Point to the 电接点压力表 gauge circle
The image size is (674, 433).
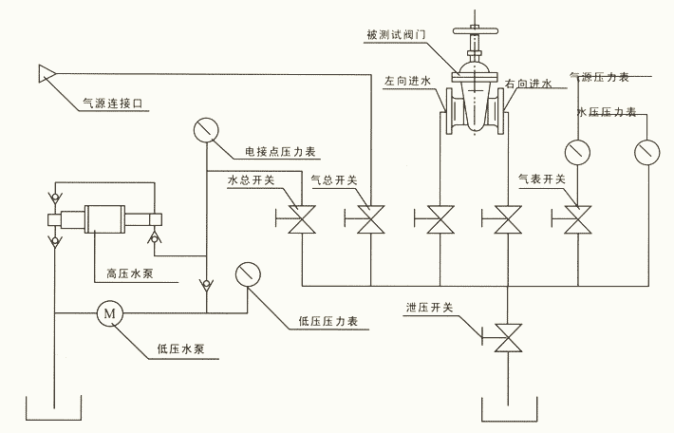[x=205, y=130]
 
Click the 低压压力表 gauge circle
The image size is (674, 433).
[x=249, y=274]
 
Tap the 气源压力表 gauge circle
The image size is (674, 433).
[x=575, y=151]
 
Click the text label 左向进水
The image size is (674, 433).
[x=407, y=83]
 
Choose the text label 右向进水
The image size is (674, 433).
[x=531, y=84]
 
